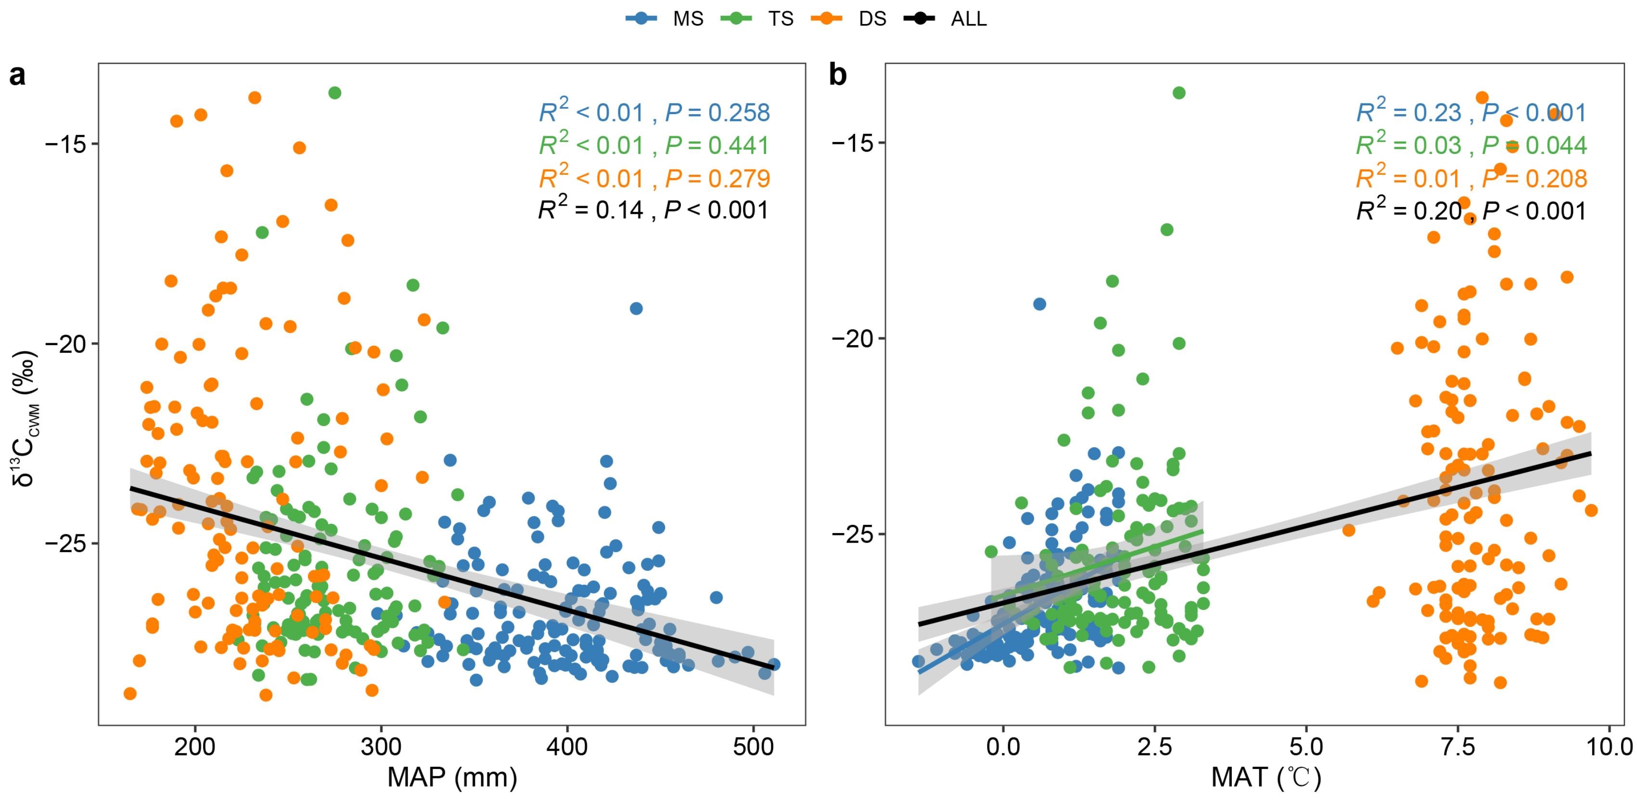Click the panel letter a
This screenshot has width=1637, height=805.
pos(17,75)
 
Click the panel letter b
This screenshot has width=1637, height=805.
pos(838,75)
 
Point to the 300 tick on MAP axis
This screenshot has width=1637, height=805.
pos(381,746)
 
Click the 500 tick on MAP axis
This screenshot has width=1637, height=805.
pos(753,746)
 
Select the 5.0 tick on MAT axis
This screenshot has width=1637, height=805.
pos(1306,746)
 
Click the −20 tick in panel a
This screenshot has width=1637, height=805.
pos(65,344)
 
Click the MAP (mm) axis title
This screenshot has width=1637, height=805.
pos(452,777)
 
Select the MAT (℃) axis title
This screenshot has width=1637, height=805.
pos(1266,777)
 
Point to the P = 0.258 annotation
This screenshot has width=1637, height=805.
pos(717,113)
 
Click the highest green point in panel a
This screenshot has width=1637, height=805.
pos(335,93)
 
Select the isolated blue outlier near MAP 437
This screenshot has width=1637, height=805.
pos(636,309)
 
